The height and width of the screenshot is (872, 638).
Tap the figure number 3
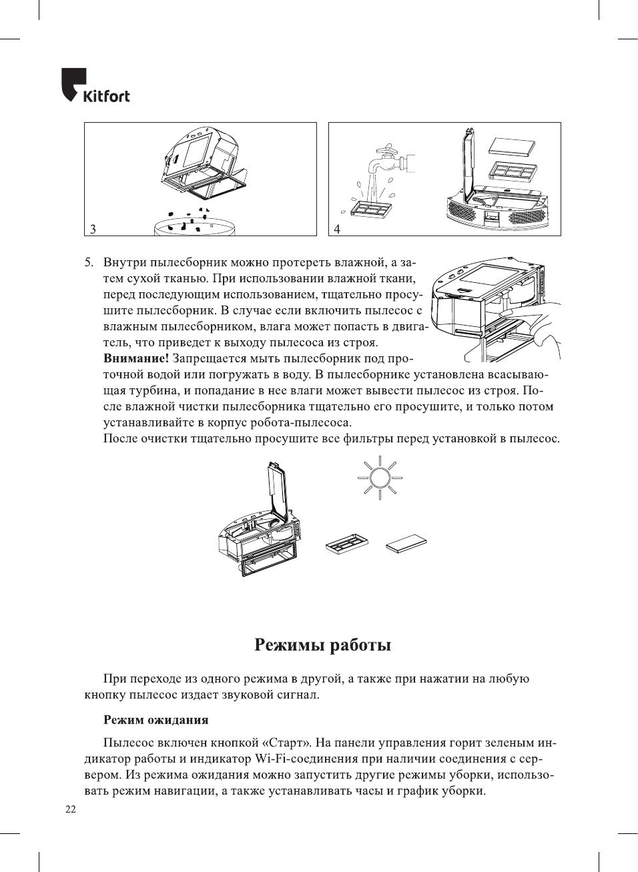point(93,229)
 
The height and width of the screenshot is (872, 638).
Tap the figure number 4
point(337,229)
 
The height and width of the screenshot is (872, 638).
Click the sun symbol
point(380,478)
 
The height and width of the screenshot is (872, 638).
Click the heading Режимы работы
point(322,645)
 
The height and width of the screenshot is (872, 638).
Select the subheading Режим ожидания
point(155,720)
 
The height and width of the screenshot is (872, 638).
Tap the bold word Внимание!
point(135,358)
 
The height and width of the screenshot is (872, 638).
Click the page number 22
point(71,809)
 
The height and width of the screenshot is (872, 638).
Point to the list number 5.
point(89,262)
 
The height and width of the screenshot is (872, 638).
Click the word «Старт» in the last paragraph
point(286,743)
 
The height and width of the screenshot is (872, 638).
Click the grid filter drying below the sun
point(346,544)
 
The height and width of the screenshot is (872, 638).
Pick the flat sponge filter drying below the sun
point(406,543)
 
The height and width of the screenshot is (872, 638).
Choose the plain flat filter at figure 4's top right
point(513,145)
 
